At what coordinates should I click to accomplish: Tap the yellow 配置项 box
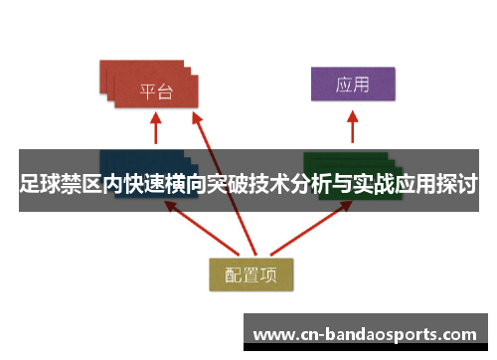pos(249,275)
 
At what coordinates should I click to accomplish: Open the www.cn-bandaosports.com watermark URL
pos(371,332)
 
